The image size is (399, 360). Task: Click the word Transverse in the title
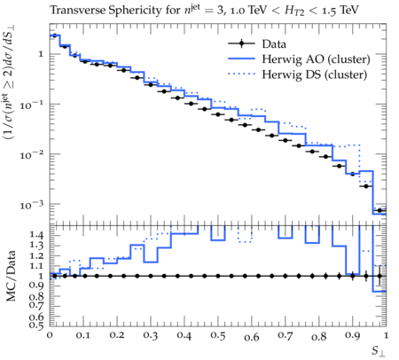pos(78,10)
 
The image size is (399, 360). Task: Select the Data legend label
pos(274,44)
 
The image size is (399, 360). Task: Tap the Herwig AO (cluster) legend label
pos(316,59)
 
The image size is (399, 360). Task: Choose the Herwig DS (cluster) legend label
pos(315,74)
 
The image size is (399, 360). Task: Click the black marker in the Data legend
pos(241,43)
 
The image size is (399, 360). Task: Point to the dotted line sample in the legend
pos(241,74)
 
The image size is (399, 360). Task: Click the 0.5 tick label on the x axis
pos(218,336)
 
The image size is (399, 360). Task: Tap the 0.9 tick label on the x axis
pos(353,336)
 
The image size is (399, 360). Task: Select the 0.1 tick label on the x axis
pos(83,336)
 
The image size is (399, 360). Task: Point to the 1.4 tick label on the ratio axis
pos(36,235)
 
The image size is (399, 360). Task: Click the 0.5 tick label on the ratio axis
pos(36,325)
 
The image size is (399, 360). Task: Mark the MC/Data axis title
pos(11,276)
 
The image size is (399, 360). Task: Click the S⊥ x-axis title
pos(379,351)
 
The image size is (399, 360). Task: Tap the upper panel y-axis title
pos(10,83)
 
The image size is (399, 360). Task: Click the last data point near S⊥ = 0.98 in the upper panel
pos(379,210)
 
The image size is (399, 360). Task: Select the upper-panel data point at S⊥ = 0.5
pos(218,114)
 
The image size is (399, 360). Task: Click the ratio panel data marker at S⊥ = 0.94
pos(366,276)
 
